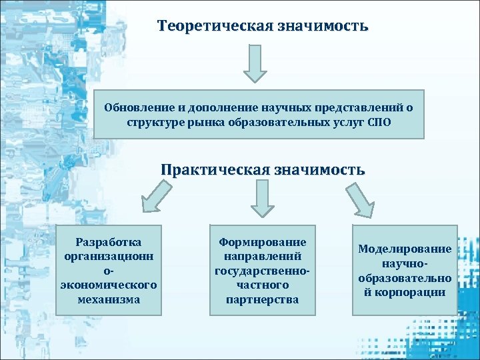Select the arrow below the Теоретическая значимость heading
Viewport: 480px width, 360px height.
click(x=254, y=63)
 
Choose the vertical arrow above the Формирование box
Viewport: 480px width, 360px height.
click(x=262, y=198)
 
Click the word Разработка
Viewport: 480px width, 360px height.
click(x=109, y=241)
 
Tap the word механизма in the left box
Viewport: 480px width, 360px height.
click(x=109, y=299)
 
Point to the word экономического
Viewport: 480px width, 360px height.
click(x=109, y=285)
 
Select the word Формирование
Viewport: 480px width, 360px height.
click(x=262, y=241)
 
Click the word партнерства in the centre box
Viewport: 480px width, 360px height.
click(x=262, y=299)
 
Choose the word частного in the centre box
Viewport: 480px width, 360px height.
click(x=262, y=285)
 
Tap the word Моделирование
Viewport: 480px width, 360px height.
click(x=405, y=249)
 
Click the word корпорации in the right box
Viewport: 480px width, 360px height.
click(x=411, y=292)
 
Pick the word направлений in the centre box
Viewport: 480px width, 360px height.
click(x=262, y=256)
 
